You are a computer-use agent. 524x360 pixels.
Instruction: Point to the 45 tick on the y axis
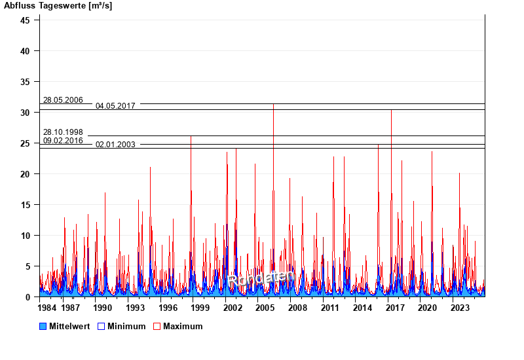click(25, 20)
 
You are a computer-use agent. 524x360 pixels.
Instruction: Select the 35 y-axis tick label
click(25, 82)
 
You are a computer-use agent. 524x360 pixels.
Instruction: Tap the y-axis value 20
click(25, 174)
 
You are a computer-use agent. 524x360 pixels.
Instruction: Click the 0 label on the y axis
click(28, 297)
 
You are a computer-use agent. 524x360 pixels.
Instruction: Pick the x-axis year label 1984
click(47, 308)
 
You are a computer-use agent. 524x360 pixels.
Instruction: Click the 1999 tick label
click(200, 308)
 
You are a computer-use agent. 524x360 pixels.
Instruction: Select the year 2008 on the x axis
click(297, 308)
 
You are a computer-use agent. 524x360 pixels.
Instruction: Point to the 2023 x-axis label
click(460, 308)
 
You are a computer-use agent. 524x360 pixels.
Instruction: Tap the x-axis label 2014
click(362, 308)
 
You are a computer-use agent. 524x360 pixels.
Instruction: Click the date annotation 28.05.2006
click(63, 100)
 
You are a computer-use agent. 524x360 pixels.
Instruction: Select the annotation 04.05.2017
click(115, 106)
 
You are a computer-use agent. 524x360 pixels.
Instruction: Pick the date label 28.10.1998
click(63, 132)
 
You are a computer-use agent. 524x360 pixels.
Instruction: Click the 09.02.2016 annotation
click(63, 141)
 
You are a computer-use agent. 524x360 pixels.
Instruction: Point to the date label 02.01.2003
click(115, 145)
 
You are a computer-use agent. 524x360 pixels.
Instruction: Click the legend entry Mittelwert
click(69, 327)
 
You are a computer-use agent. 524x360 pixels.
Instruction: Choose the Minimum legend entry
click(126, 327)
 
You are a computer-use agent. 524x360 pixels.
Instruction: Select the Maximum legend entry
click(183, 327)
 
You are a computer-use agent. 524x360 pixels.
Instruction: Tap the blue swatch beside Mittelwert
click(43, 327)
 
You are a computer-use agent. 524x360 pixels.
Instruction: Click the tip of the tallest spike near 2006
click(273, 104)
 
